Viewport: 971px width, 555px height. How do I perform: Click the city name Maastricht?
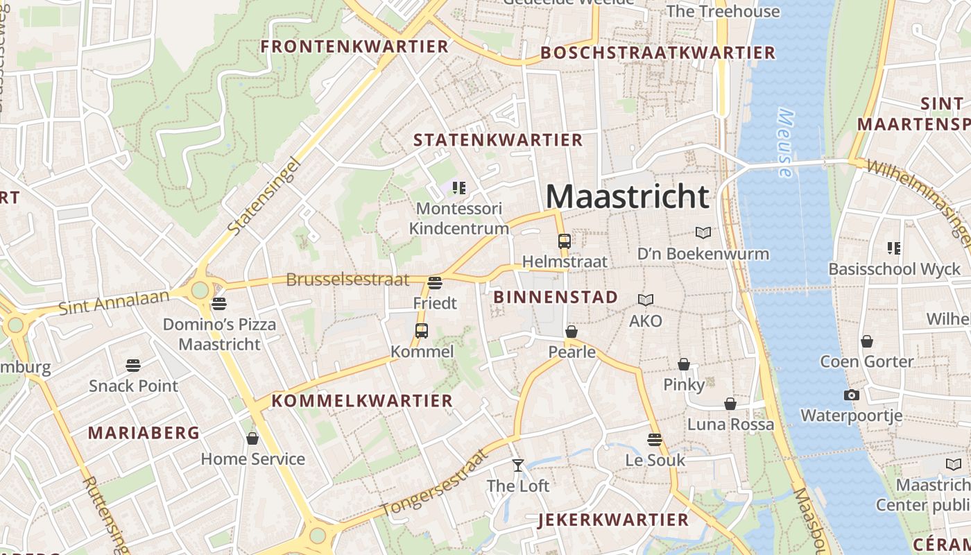coord(628,196)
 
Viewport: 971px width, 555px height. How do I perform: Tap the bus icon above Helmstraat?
coord(565,241)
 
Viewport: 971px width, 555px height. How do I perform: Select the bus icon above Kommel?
coord(422,331)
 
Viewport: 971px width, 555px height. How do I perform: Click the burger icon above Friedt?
coord(435,282)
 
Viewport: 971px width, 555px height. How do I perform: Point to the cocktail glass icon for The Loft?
coord(518,465)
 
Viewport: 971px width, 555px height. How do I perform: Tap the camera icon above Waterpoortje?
coord(852,395)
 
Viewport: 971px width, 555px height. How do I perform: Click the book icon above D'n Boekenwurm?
coord(703,233)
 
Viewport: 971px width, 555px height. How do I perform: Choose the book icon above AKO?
coord(646,300)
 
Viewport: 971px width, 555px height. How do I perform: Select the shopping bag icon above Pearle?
coord(572,332)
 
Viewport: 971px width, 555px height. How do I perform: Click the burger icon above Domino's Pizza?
coord(219,303)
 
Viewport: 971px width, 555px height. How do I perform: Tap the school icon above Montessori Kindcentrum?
coord(458,187)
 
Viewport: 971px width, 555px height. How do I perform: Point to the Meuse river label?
coord(785,142)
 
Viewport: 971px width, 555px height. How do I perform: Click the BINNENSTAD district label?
coord(556,297)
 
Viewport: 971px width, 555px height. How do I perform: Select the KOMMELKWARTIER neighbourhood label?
coord(362,400)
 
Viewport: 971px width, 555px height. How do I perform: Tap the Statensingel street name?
coord(264,196)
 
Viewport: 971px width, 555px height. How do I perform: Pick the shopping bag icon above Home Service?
coord(252,438)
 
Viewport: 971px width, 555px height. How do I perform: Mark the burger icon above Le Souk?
coord(655,439)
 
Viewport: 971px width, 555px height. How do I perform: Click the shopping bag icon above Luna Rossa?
coord(730,404)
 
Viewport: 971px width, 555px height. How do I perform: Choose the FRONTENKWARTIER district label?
coord(354,46)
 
